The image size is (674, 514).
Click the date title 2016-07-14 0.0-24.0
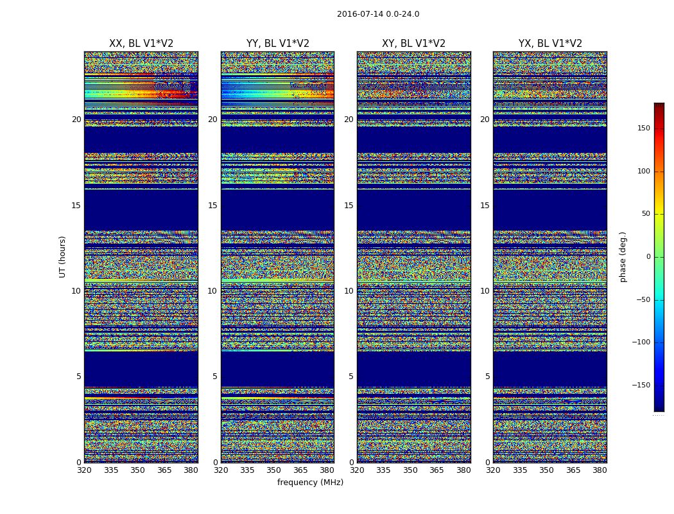point(378,14)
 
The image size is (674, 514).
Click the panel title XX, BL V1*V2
point(141,44)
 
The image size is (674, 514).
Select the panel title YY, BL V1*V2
point(278,44)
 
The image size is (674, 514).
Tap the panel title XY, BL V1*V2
point(414,44)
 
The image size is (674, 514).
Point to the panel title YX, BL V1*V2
point(550,44)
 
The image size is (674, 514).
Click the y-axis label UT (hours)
point(63,256)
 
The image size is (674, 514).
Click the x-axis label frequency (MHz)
point(310,483)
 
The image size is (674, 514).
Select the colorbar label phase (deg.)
point(623,257)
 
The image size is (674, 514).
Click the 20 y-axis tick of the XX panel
point(76,120)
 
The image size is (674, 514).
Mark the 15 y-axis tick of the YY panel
point(212,206)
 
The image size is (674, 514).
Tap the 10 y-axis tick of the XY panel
point(349,291)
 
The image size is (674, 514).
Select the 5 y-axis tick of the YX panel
point(487,377)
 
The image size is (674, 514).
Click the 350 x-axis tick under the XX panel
point(137,470)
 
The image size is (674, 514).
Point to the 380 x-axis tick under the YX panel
point(600,470)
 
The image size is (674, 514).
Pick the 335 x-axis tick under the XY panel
point(383,470)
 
